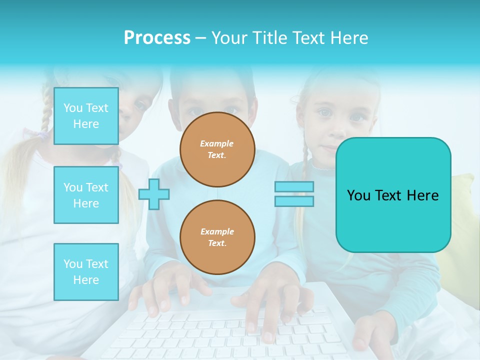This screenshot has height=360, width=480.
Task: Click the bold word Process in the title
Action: tap(157, 38)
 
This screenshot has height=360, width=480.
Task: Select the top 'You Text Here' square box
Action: tap(86, 116)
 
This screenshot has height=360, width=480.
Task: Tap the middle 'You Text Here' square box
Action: tap(86, 195)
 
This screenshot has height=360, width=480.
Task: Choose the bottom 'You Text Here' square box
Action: tap(86, 272)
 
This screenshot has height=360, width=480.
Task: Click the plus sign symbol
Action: tap(154, 194)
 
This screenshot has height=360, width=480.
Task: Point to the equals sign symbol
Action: tap(294, 194)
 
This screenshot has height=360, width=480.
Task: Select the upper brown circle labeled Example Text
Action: tap(217, 149)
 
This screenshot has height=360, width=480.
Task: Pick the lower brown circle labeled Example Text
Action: tap(217, 237)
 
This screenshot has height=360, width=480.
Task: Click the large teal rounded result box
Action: tap(393, 195)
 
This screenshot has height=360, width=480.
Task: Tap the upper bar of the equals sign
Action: tap(294, 187)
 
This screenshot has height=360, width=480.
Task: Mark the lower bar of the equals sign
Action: tap(294, 201)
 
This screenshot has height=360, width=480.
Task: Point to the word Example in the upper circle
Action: tap(217, 144)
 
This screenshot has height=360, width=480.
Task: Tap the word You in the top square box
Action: tap(73, 108)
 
